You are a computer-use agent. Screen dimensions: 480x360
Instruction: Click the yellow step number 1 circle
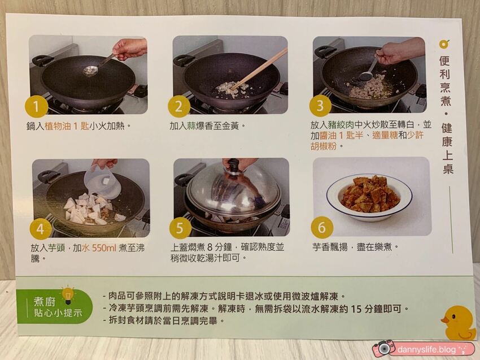pyautogui.click(x=37, y=107)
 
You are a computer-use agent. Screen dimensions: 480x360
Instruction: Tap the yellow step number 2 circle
pyautogui.click(x=179, y=106)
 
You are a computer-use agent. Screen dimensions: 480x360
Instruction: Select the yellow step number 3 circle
pyautogui.click(x=320, y=106)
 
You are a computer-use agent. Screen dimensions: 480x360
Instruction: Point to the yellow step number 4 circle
pyautogui.click(x=41, y=229)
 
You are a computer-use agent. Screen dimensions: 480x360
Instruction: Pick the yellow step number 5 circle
pyautogui.click(x=180, y=228)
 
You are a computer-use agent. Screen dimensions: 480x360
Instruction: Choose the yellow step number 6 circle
pyautogui.click(x=322, y=227)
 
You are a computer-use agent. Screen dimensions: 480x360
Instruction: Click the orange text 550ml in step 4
pyautogui.click(x=104, y=248)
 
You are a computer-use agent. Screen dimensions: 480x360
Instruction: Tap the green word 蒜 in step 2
pyautogui.click(x=191, y=126)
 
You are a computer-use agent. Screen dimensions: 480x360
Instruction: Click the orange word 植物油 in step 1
pyautogui.click(x=58, y=126)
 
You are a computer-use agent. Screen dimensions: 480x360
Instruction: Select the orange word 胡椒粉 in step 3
pyautogui.click(x=323, y=146)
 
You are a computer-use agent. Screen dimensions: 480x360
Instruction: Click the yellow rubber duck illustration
pyautogui.click(x=459, y=323)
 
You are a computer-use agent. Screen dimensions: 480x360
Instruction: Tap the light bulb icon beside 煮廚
pyautogui.click(x=68, y=295)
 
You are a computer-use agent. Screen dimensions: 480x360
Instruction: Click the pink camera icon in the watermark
pyautogui.click(x=384, y=348)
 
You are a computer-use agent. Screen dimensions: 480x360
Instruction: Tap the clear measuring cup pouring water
pyautogui.click(x=103, y=181)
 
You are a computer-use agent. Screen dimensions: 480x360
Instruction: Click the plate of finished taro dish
pyautogui.click(x=369, y=196)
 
